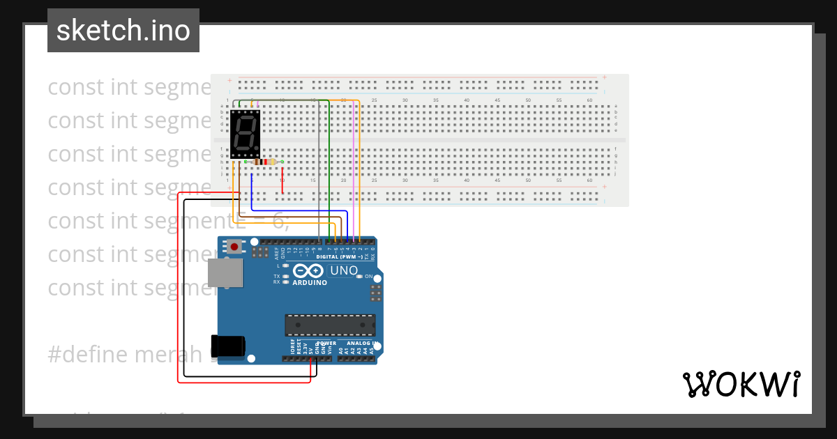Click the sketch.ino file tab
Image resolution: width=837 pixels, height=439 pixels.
point(123,31)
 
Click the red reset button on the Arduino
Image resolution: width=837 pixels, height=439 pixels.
point(235,247)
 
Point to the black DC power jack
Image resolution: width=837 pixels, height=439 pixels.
point(228,346)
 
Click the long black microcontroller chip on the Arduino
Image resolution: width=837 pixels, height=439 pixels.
point(329,325)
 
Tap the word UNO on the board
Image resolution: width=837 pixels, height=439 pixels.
point(345,270)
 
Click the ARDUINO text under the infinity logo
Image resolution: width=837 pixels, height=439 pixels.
point(310,283)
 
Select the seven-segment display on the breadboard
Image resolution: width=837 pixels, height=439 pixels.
point(245,133)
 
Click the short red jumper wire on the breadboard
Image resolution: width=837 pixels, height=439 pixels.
point(282,185)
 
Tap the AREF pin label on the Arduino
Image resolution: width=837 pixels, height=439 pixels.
point(277,252)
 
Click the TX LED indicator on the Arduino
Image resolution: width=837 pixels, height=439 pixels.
point(285,277)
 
